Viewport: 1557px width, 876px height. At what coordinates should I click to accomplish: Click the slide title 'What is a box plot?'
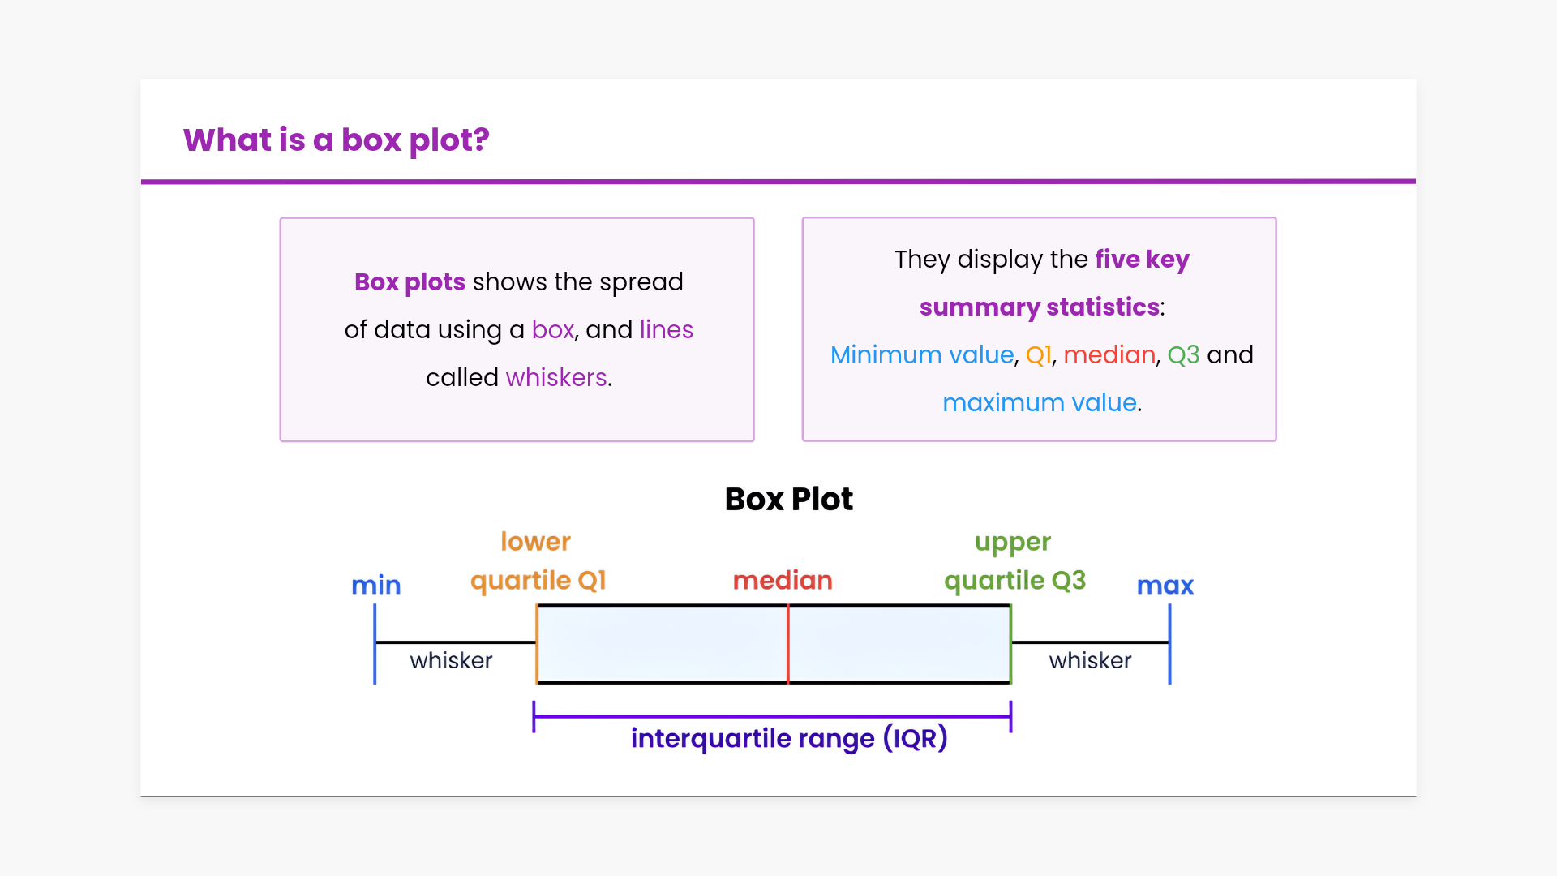[x=336, y=140]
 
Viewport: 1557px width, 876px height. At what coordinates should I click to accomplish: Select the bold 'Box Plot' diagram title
[x=788, y=499]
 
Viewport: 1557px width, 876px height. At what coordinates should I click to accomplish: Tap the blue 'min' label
[x=375, y=585]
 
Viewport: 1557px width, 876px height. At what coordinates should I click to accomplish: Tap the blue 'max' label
[x=1165, y=585]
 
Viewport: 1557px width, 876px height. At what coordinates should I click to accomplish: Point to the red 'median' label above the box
[x=783, y=580]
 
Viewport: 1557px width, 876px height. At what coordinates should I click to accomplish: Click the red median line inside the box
[x=787, y=644]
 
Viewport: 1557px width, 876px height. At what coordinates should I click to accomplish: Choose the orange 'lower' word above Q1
[x=535, y=541]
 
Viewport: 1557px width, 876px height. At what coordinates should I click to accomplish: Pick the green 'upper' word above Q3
[x=1012, y=542]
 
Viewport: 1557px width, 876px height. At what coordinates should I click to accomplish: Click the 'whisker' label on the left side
[x=451, y=660]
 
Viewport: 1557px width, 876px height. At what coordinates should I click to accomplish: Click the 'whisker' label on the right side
[x=1090, y=660]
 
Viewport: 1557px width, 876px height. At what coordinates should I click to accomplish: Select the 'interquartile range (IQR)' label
[x=789, y=738]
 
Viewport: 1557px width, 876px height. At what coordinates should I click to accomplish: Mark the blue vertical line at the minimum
[x=375, y=644]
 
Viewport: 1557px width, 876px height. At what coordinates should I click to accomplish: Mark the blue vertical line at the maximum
[x=1169, y=644]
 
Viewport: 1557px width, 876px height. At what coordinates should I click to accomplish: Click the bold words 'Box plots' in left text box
[x=410, y=281]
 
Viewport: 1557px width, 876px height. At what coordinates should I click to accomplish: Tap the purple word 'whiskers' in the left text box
[x=556, y=377]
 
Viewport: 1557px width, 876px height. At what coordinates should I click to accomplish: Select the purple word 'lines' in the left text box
[x=666, y=329]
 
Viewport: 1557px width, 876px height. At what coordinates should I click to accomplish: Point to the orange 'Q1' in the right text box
[x=1038, y=354]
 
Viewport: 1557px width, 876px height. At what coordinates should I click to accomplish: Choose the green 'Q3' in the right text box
[x=1183, y=354]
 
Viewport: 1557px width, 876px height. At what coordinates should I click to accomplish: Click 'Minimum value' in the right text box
[x=922, y=354]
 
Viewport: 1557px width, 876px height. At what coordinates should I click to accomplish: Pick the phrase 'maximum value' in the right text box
[x=1039, y=402]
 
